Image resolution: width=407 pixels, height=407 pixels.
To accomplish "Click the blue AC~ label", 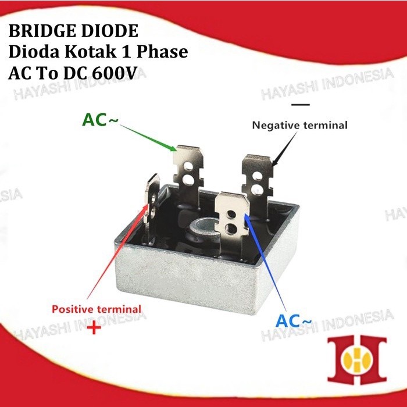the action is tap(294, 321).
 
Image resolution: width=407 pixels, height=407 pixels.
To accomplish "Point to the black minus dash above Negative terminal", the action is tap(300, 105).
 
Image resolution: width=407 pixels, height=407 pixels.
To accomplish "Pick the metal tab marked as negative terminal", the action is tap(257, 174).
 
